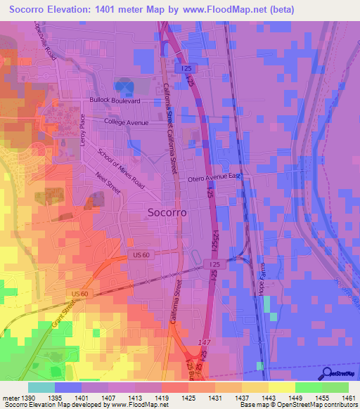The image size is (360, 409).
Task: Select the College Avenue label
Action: [127, 122]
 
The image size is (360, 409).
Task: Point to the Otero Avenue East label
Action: [214, 179]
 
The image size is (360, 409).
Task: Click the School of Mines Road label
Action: [120, 169]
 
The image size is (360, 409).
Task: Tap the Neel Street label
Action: [109, 185]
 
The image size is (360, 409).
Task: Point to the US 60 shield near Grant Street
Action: [79, 293]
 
